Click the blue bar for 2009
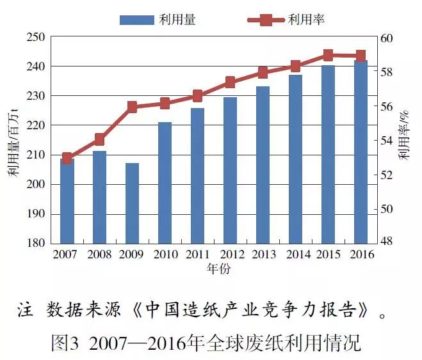pyautogui.click(x=132, y=203)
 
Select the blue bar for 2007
pyautogui.click(x=67, y=201)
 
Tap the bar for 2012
pyautogui.click(x=230, y=170)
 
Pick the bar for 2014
pyautogui.click(x=295, y=159)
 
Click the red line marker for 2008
pyautogui.click(x=99, y=139)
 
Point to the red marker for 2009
pyautogui.click(x=132, y=107)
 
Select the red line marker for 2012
pyautogui.click(x=230, y=82)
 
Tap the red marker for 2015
pyautogui.click(x=328, y=55)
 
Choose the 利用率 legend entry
pyautogui.click(x=286, y=20)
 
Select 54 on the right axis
pyautogui.click(x=384, y=140)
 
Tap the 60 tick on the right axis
pyautogui.click(x=384, y=37)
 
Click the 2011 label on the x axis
pyautogui.click(x=197, y=254)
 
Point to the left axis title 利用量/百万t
pyautogui.click(x=13, y=141)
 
